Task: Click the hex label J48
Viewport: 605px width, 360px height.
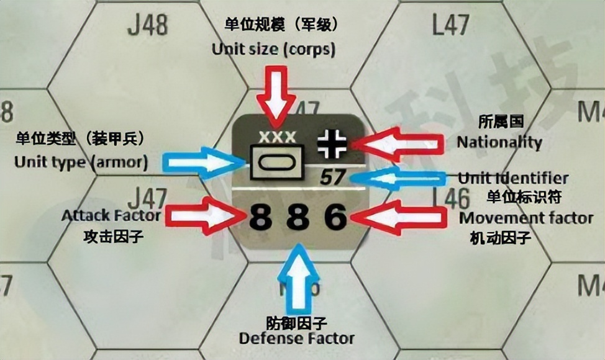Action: [148, 26]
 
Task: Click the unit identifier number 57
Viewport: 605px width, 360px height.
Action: [333, 178]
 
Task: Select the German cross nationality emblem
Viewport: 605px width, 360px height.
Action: [328, 143]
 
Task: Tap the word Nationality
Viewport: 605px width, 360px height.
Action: [499, 142]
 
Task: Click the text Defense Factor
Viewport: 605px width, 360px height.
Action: [297, 338]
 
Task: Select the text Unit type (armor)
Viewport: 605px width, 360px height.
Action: [81, 163]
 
